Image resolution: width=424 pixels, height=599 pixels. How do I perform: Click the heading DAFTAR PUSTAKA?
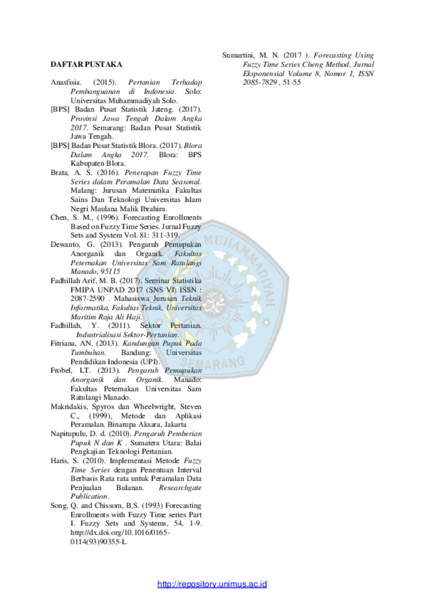click(x=86, y=65)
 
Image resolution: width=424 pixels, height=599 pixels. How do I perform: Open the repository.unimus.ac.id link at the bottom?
click(x=212, y=584)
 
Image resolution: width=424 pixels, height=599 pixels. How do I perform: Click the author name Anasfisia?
click(x=66, y=83)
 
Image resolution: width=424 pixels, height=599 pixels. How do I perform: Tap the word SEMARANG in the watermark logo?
click(x=213, y=362)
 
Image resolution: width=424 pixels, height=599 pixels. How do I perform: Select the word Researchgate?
click(x=180, y=488)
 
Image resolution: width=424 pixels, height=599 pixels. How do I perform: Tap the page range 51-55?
click(x=292, y=83)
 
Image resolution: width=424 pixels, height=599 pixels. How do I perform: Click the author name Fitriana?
click(x=63, y=343)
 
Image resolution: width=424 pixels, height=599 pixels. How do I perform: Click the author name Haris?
click(x=59, y=461)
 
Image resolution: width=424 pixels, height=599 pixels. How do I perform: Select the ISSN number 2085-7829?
click(x=260, y=83)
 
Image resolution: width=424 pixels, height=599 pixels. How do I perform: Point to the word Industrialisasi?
click(x=98, y=335)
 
